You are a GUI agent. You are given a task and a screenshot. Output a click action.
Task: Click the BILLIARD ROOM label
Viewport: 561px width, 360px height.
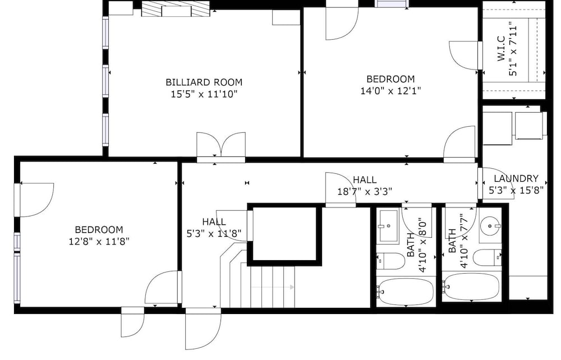pos(204,82)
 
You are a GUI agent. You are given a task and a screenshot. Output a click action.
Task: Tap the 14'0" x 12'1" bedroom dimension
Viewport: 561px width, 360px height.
pos(390,91)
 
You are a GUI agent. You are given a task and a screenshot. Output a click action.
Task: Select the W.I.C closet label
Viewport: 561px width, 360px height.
pos(501,49)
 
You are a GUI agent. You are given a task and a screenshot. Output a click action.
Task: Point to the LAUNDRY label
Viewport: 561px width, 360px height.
pos(516,178)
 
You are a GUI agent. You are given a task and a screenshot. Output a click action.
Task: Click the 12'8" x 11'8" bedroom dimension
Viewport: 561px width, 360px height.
pos(99,241)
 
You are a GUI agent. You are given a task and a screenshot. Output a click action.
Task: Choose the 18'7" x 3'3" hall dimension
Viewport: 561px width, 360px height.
pos(365,192)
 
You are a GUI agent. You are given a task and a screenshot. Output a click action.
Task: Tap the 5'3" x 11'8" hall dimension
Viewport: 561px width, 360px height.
pos(214,234)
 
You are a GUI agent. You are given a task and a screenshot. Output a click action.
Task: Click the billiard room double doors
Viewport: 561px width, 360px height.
pos(221,146)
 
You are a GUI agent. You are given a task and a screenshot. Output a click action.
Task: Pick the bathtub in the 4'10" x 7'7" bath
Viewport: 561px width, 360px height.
pos(471,287)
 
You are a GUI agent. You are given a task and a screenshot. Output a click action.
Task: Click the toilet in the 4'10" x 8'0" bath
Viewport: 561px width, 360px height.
pos(390,261)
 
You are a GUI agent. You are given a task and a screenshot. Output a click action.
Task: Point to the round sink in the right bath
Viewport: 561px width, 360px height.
pos(490,225)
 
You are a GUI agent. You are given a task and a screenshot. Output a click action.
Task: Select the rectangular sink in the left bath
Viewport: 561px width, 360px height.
pos(389,226)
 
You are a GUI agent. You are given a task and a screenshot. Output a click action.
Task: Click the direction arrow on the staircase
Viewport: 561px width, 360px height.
pos(273,287)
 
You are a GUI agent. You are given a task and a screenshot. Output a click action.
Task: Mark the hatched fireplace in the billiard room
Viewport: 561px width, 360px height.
pos(175,8)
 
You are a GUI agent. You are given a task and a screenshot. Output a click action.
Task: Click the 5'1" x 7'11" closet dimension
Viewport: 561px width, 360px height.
pos(514,50)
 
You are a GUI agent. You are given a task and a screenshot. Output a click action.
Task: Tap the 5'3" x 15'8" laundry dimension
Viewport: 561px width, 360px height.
pos(516,190)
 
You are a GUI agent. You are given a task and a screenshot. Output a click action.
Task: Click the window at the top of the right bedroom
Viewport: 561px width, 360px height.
pos(392,3)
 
